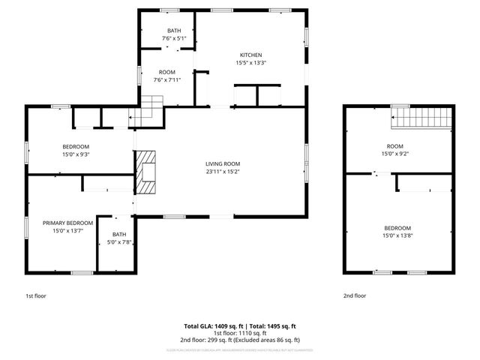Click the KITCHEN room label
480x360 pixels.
coord(250,55)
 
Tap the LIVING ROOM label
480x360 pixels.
coord(223,163)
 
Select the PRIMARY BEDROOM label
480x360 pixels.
coord(67,223)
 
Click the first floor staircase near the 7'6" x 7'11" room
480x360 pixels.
coord(153,106)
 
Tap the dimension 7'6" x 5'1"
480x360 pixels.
coord(173,38)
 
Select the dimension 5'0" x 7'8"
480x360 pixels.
coord(116,241)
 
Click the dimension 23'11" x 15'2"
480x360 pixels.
coord(223,172)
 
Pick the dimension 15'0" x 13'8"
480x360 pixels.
coord(397,236)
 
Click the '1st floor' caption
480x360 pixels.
coord(35,296)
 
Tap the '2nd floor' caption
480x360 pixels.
coord(355,296)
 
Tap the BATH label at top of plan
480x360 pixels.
coord(173,31)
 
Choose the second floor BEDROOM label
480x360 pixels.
coord(397,228)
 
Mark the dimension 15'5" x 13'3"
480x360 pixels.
coord(250,63)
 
